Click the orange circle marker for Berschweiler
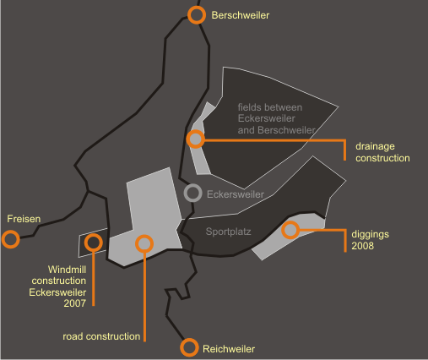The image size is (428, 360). click(x=197, y=9)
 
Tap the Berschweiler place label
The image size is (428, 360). click(x=241, y=15)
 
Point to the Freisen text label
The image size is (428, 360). click(x=24, y=219)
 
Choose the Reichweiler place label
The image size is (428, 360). click(x=229, y=349)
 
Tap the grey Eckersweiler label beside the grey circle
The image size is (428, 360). click(x=236, y=194)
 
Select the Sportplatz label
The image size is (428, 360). click(x=228, y=232)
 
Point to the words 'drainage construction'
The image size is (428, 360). click(x=382, y=152)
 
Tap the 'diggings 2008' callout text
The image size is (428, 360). click(x=371, y=240)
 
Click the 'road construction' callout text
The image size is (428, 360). click(x=101, y=336)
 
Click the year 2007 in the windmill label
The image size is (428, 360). click(x=75, y=303)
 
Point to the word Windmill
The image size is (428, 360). click(x=67, y=270)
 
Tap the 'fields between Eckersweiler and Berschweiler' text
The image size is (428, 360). click(x=277, y=118)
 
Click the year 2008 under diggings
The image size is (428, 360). click(x=363, y=246)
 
